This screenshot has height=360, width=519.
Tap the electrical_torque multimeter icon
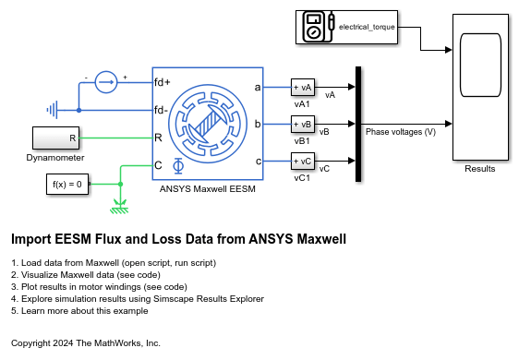(x=315, y=28)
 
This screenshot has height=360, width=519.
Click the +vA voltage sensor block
(x=302, y=87)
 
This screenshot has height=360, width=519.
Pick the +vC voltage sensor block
(x=302, y=161)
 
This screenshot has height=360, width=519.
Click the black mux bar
(x=356, y=123)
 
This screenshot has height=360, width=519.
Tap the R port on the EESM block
(x=159, y=138)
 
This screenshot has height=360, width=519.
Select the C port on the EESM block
(x=159, y=165)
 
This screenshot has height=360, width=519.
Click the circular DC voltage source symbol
(x=108, y=81)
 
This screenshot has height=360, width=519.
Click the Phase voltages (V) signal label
(x=400, y=132)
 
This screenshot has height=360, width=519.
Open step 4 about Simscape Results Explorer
(x=138, y=299)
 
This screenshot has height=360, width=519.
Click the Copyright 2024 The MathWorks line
(x=86, y=342)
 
